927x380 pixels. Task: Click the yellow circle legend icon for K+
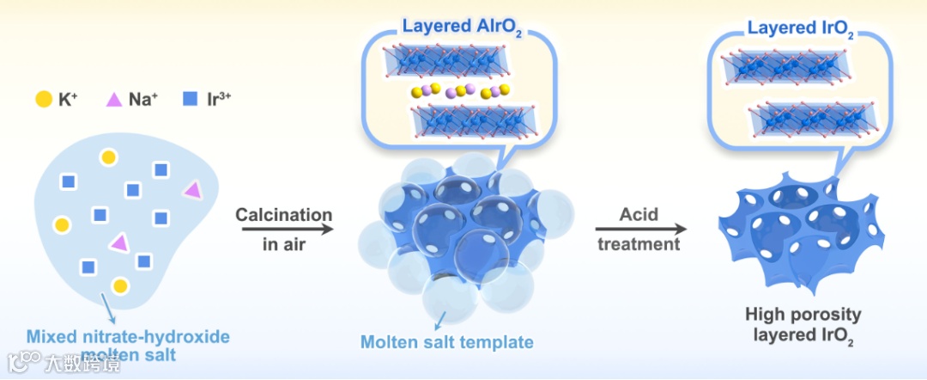(x=43, y=100)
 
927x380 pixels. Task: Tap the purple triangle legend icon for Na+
(x=113, y=100)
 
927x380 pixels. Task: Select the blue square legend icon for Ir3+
(x=190, y=100)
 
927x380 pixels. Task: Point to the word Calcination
(x=283, y=214)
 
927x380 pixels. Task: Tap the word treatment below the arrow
(x=639, y=244)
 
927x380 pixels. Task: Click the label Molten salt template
(x=446, y=342)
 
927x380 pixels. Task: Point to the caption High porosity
(x=803, y=315)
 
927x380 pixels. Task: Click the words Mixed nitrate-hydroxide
(x=128, y=336)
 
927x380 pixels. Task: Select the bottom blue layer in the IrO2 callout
(x=813, y=120)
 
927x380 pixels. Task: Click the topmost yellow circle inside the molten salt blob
(x=108, y=157)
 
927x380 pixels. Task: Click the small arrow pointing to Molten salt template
(x=442, y=320)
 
